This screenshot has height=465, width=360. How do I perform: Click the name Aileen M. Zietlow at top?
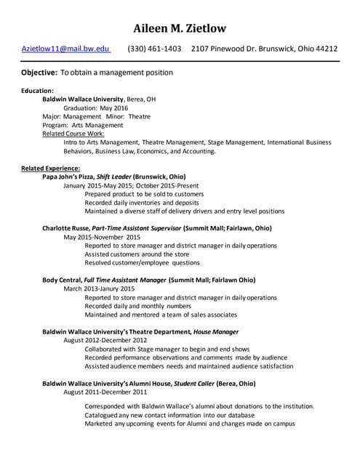point(180,28)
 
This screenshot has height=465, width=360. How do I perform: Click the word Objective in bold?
point(39,73)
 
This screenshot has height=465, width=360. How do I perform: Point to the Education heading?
point(37,90)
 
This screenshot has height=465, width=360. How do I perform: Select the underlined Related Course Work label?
point(73,134)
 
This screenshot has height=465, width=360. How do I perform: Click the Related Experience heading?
point(50,169)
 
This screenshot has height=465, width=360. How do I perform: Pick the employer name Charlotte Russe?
point(65,228)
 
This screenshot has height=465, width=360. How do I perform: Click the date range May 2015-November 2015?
point(102,237)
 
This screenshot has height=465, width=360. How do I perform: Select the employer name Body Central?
point(62,280)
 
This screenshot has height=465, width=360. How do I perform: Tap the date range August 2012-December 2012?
point(105,340)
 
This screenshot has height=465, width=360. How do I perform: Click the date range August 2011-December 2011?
point(105,392)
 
